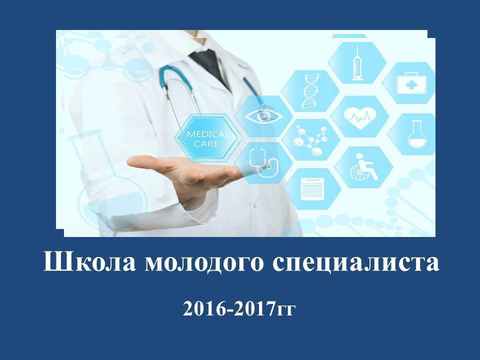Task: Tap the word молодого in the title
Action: coord(204,263)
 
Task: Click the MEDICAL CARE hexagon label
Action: coord(206,138)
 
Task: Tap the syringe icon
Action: coord(356,63)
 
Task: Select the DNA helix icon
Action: coord(310,90)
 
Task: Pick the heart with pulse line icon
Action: coord(360,117)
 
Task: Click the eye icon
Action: coord(264,115)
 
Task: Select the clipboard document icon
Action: coord(312,188)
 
